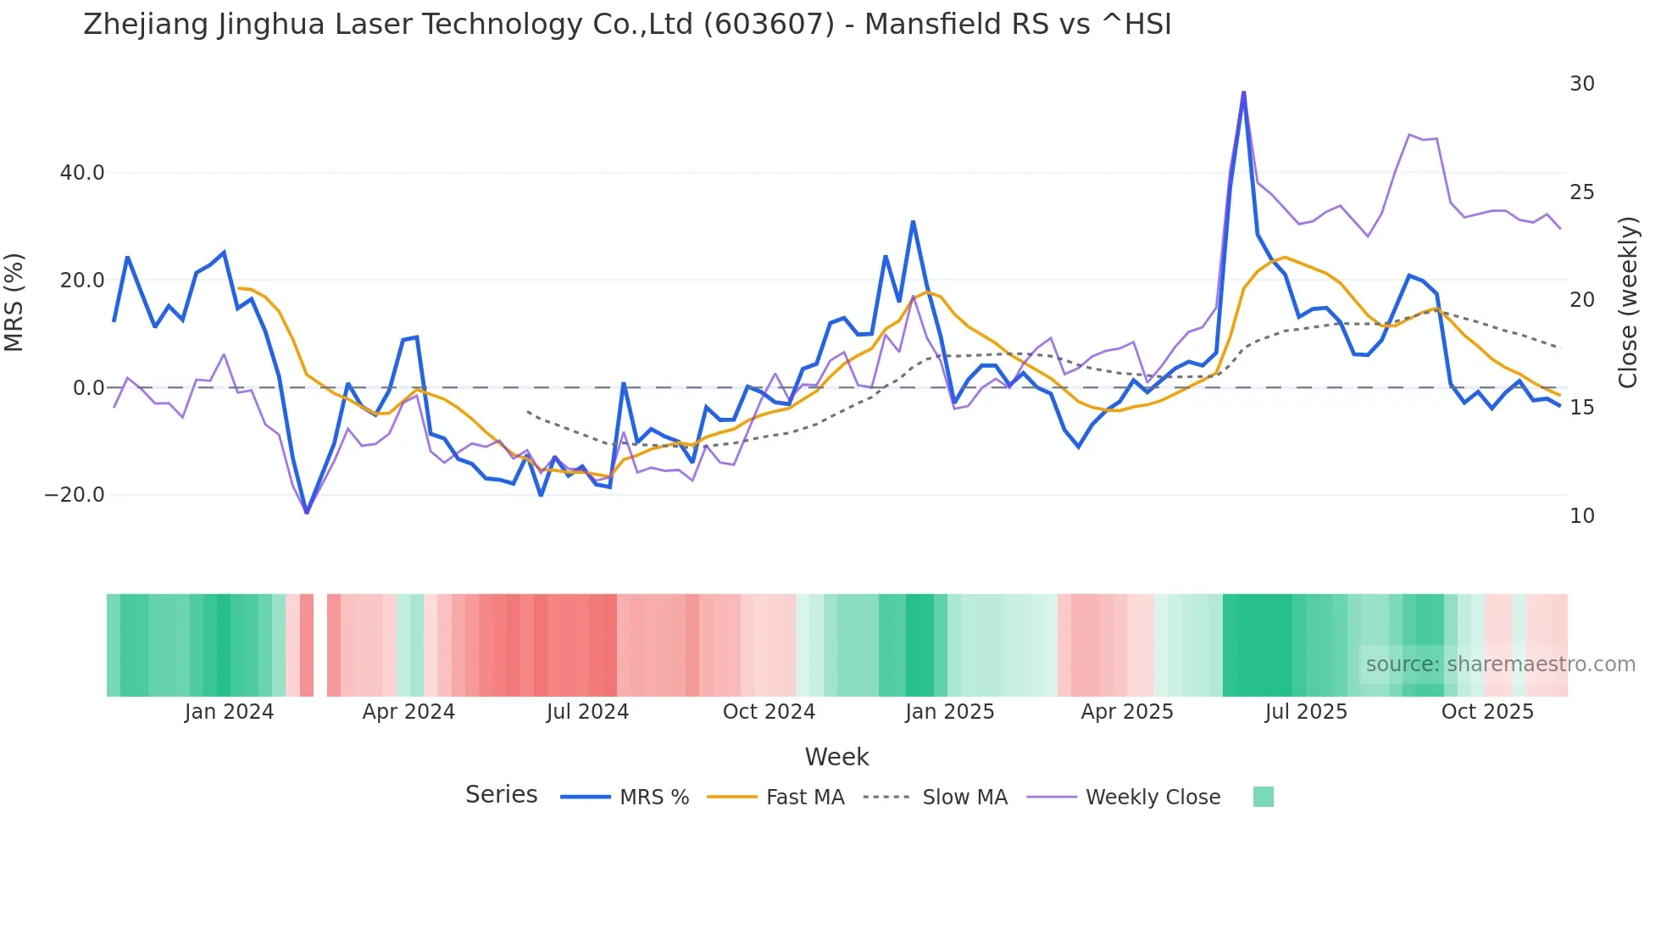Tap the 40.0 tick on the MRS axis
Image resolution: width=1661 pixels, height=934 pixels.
(82, 173)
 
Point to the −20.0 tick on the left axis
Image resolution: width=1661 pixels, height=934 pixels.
(75, 495)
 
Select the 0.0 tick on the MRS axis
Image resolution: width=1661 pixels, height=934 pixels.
(89, 388)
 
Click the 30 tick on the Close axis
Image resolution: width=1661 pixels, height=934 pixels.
(1582, 84)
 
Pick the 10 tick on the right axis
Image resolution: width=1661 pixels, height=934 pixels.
(1582, 516)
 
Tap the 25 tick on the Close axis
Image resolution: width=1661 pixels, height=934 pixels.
(1582, 192)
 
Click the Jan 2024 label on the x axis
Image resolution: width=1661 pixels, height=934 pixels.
(229, 712)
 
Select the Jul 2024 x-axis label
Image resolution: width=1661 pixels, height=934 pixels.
(587, 712)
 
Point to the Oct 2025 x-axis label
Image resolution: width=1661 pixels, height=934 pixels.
(1487, 712)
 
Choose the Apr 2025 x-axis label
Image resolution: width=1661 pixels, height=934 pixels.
(1127, 712)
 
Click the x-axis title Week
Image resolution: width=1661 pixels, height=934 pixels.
(836, 757)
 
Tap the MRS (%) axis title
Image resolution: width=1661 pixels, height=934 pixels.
(14, 303)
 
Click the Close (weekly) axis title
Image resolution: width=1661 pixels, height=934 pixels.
(1628, 303)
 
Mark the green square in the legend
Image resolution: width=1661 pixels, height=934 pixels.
(1264, 797)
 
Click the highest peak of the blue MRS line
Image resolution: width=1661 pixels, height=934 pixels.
(1243, 92)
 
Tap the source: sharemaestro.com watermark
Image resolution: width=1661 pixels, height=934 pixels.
(1500, 664)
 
